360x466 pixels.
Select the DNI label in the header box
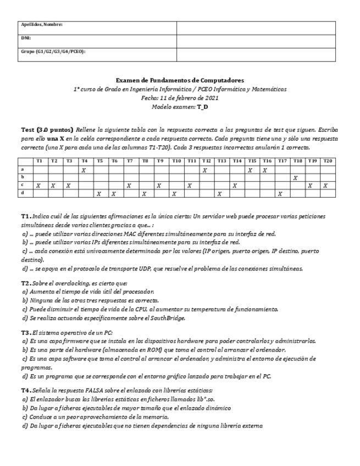tap(25, 38)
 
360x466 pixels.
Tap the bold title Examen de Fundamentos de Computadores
tap(180, 80)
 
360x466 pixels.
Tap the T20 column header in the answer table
tap(327, 161)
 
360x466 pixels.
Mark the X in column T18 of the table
tap(296, 178)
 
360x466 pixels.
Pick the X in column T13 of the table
tap(219, 193)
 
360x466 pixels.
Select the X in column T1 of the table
tap(38, 186)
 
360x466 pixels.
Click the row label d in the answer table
tap(23, 193)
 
